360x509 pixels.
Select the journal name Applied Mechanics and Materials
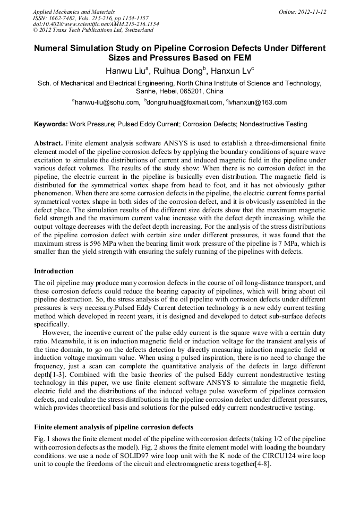[x=73, y=11]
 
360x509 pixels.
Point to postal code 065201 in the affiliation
[x=189, y=91]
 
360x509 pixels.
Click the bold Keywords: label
[x=51, y=124]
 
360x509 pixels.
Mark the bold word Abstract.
[x=49, y=144]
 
